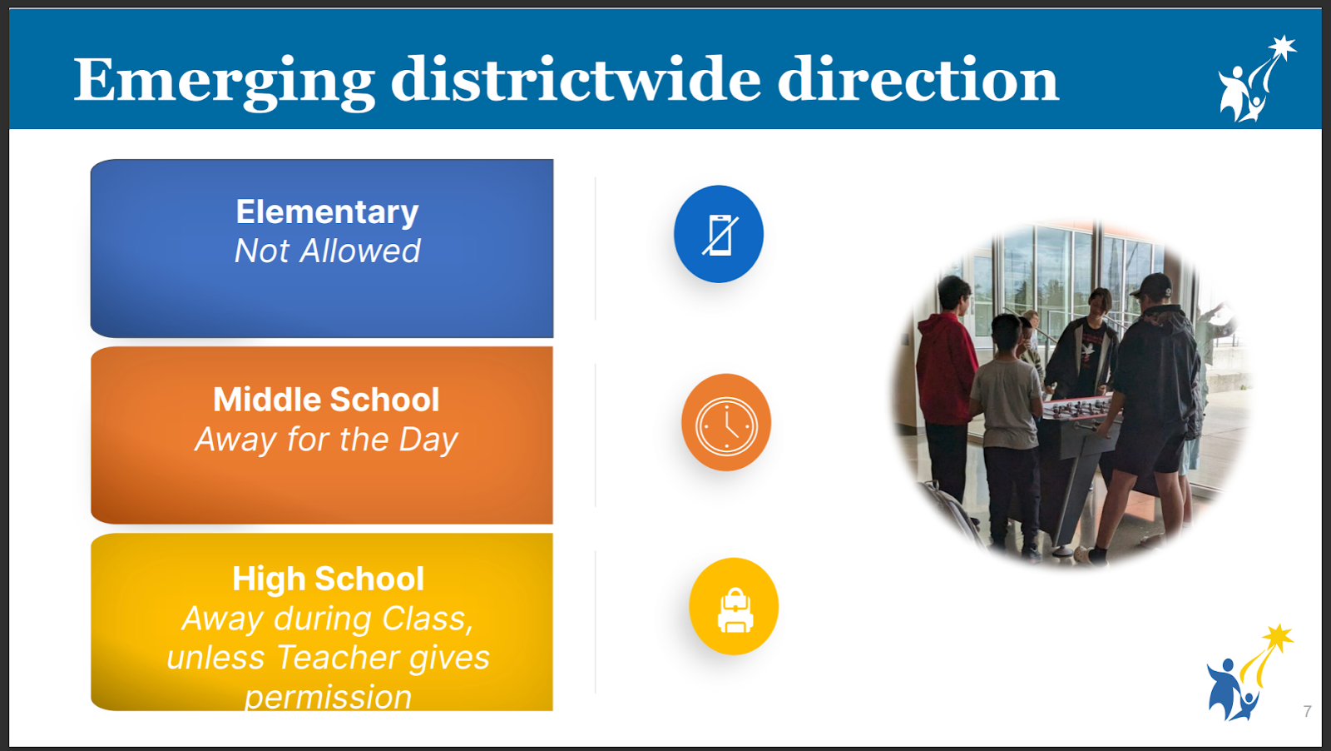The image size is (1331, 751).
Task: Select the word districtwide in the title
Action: coord(575,79)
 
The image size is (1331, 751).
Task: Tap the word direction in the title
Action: coord(918,79)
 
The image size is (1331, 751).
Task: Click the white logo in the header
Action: coord(1255,79)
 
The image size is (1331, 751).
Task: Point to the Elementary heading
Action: coord(328,212)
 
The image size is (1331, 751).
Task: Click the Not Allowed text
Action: coord(328,251)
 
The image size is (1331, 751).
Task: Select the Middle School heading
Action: coord(326,400)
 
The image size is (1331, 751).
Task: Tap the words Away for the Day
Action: coord(326,440)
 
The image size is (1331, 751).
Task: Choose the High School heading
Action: coord(328,579)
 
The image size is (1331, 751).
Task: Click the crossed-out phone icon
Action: coord(719,234)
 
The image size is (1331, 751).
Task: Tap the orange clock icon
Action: coord(726,423)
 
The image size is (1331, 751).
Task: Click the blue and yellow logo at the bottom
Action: coord(1249,673)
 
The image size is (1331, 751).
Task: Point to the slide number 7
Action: coord(1307,711)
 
